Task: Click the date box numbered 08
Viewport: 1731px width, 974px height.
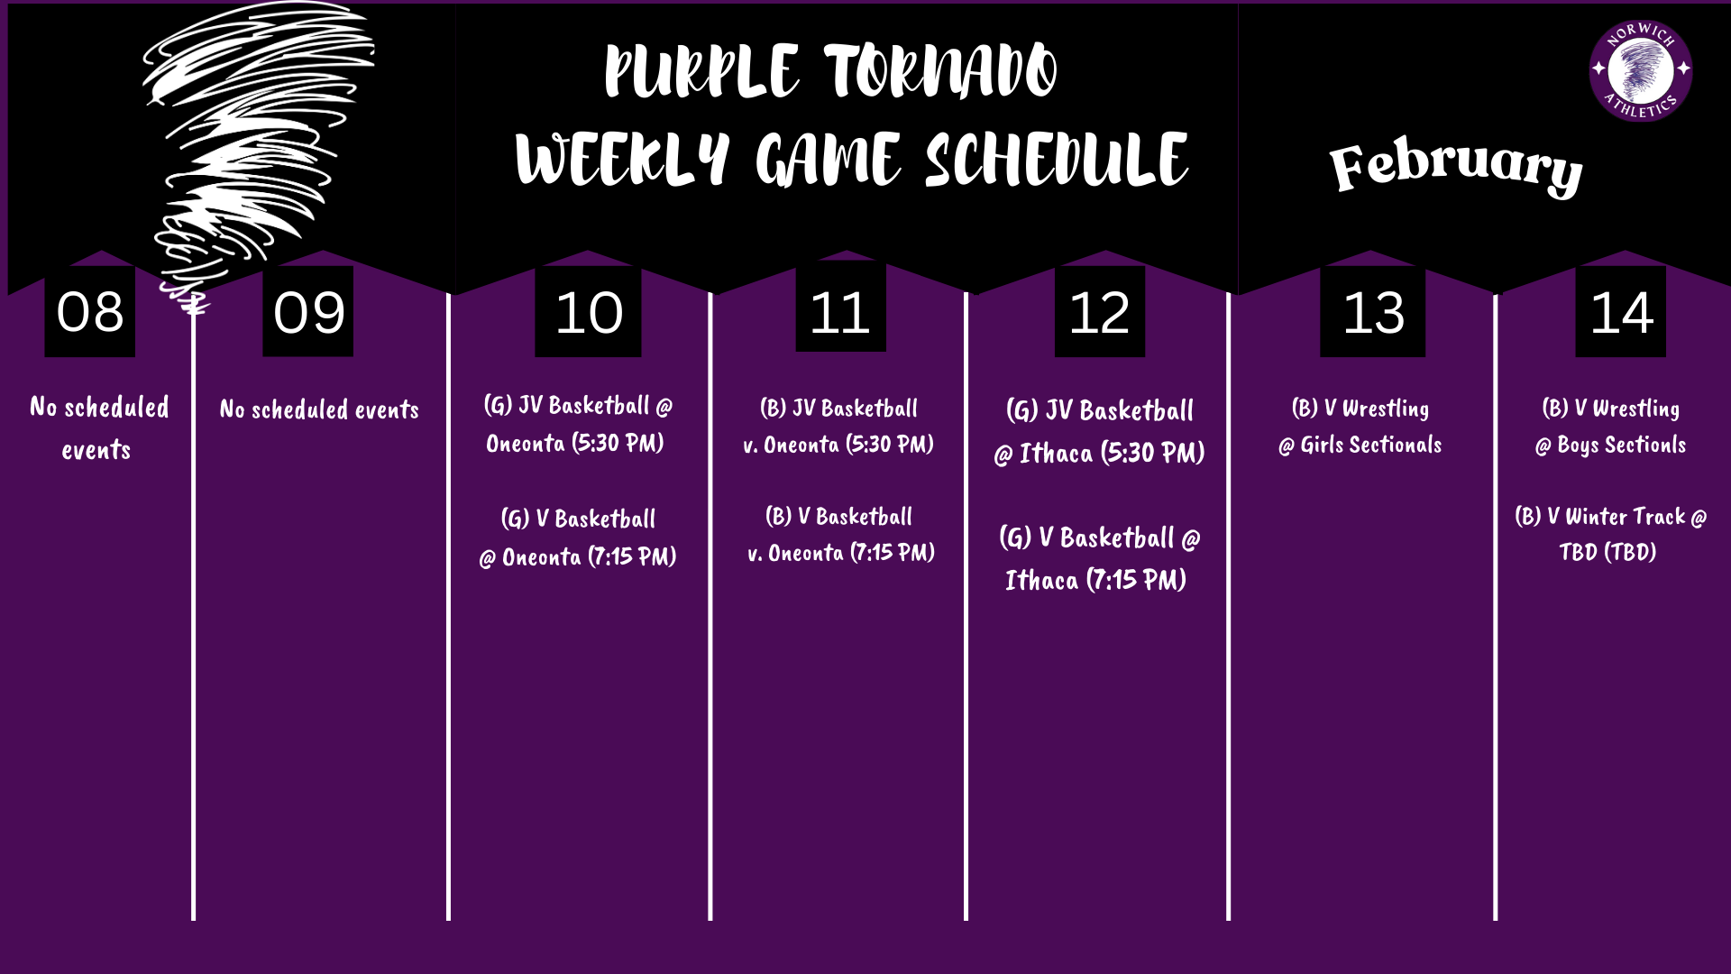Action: coord(89,311)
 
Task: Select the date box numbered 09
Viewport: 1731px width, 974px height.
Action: coord(307,311)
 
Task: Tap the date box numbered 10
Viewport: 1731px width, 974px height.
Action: coord(588,311)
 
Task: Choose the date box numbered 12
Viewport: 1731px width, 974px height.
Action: coord(1099,311)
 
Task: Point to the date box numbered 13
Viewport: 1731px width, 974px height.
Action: coord(1372,311)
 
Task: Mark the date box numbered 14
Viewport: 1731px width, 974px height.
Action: coord(1620,311)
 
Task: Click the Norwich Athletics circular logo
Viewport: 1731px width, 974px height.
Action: coord(1640,70)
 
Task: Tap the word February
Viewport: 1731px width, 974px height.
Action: coord(1455,167)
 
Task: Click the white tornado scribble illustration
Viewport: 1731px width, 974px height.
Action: coord(243,135)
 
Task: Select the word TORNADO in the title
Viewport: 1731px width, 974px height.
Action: coord(940,72)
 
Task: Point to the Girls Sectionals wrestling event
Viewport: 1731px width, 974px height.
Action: coord(1360,427)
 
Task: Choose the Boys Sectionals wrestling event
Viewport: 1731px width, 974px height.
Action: coord(1610,427)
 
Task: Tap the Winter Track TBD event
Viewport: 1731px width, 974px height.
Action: coord(1610,534)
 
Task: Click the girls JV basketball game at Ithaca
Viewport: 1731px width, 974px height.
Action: coord(1099,432)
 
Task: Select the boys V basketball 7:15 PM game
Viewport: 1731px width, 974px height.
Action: coord(840,534)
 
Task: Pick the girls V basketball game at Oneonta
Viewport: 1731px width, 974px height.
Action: coord(578,538)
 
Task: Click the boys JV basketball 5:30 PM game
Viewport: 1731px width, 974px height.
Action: coord(838,426)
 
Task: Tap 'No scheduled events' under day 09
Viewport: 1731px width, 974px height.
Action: coord(319,410)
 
